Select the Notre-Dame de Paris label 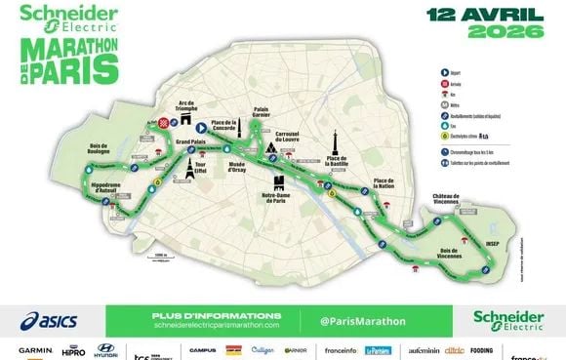coord(279,199)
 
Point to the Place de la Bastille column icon coord(333,142)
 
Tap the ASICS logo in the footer coord(48,320)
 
